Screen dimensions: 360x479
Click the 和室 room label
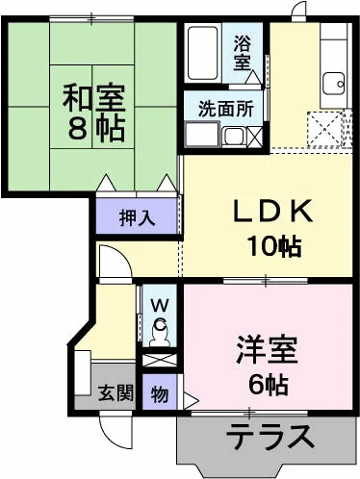(93, 97)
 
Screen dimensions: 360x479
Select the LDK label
(272, 211)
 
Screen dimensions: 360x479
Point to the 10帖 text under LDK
(273, 246)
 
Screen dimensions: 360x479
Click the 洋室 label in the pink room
(266, 350)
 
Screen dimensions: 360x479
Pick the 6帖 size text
(268, 384)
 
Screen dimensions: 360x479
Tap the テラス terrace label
(270, 436)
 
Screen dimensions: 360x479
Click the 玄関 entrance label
(116, 392)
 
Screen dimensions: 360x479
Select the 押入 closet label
(137, 218)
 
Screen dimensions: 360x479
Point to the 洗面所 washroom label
(226, 109)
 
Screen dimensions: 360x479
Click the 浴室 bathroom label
(242, 53)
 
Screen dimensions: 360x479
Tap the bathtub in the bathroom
(203, 53)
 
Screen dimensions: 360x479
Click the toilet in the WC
(160, 332)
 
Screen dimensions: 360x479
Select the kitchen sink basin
(334, 84)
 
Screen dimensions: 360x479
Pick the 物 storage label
(160, 393)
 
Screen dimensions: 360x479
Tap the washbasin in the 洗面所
(234, 137)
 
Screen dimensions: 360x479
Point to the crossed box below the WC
(160, 361)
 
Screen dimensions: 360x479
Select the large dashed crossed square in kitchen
(324, 130)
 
